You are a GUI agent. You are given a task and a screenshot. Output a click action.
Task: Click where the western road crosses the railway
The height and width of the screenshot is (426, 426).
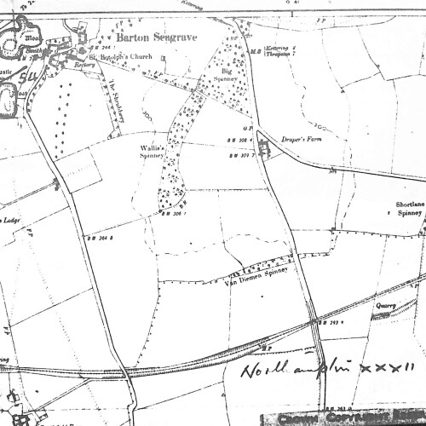click(125, 370)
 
